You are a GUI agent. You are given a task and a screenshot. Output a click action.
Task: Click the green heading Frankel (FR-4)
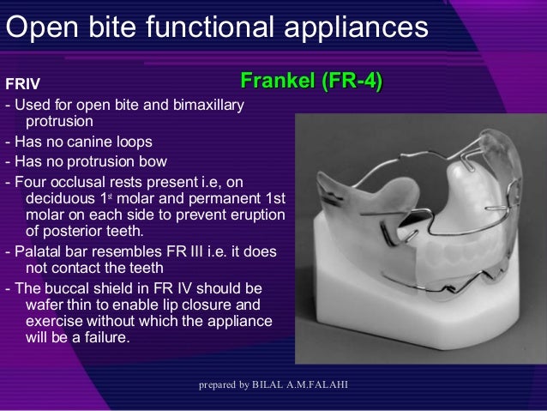click(310, 83)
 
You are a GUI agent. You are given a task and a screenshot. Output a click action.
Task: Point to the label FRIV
click(22, 84)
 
